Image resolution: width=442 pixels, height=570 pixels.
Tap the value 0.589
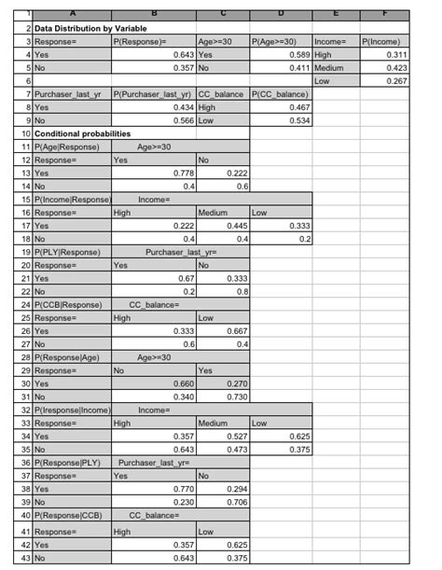pos(297,55)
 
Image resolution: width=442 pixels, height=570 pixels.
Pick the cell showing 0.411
pos(297,68)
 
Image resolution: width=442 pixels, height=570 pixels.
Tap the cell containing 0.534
pos(297,120)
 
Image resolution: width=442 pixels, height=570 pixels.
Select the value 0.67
pos(186,277)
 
